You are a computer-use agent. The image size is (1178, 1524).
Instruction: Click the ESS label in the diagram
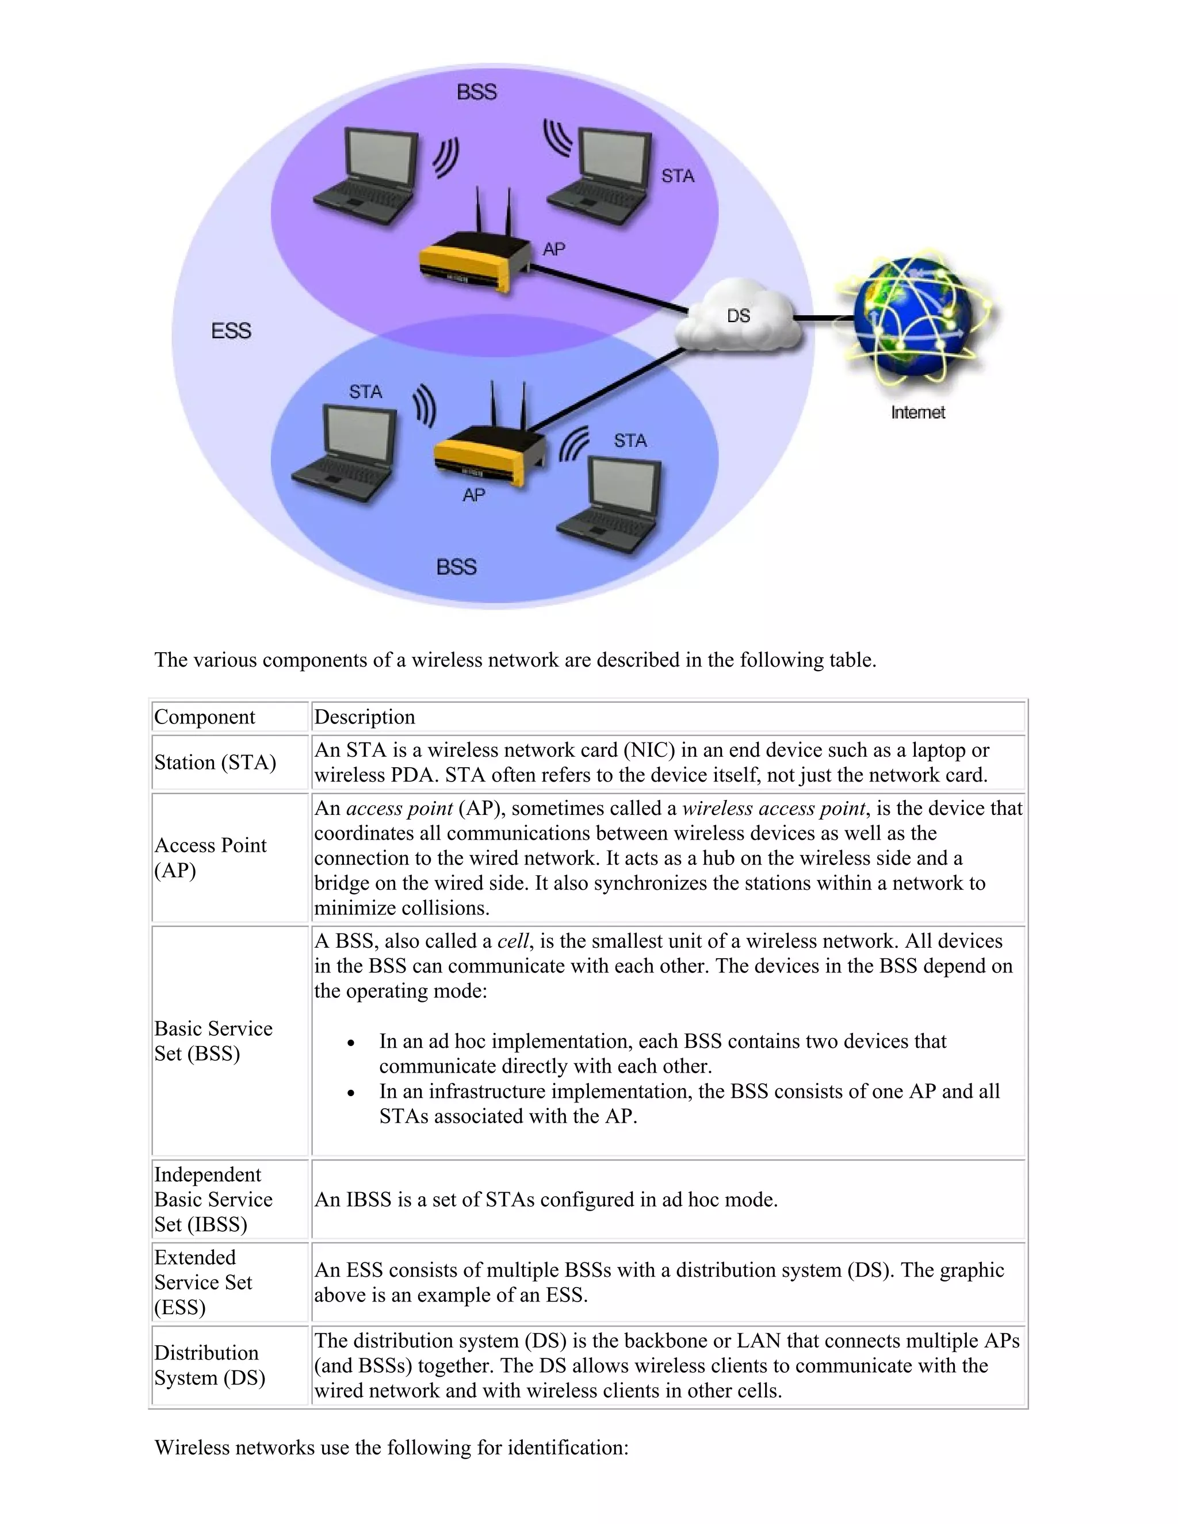[x=231, y=331]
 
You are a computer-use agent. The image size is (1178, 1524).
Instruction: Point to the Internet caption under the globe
[x=917, y=412]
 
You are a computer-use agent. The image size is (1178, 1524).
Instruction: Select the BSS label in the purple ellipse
[x=477, y=92]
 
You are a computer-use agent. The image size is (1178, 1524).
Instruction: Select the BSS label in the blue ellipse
[x=456, y=566]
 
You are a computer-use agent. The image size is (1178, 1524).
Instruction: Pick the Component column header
[x=204, y=717]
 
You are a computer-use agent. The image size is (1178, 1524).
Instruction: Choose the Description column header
[x=364, y=717]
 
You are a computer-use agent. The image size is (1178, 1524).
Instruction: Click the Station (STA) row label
[x=215, y=763]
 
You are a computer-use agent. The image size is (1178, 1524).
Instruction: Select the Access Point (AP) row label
[x=210, y=857]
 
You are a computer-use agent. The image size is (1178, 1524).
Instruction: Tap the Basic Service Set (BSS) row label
[x=213, y=1040]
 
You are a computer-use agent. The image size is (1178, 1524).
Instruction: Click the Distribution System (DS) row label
[x=209, y=1365]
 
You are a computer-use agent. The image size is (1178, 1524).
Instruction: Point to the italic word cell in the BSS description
[x=512, y=941]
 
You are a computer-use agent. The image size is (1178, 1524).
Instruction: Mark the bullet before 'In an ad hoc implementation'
[x=351, y=1043]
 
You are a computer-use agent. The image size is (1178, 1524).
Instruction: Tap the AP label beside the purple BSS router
[x=553, y=249]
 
